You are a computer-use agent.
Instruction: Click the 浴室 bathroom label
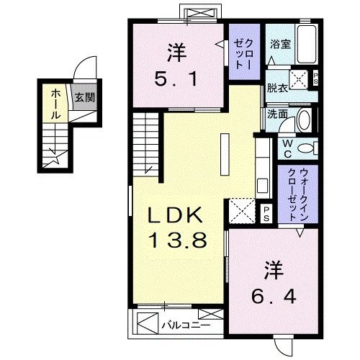tap(280, 44)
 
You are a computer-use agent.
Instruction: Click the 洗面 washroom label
tap(276, 113)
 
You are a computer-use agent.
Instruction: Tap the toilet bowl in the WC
tap(309, 148)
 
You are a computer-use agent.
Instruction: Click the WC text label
tap(287, 148)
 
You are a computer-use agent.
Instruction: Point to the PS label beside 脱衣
tap(318, 79)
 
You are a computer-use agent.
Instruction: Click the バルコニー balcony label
tap(175, 324)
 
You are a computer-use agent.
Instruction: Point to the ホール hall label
tap(55, 104)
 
